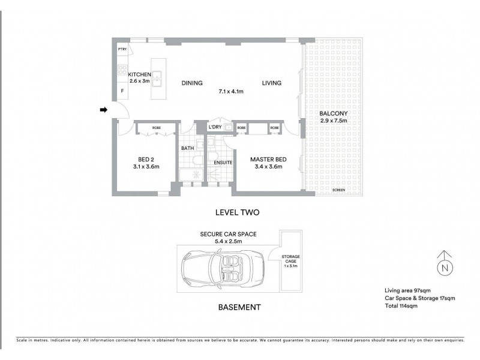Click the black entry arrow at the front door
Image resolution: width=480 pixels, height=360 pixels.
coord(103,110)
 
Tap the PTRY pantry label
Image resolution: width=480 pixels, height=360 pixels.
coord(122,49)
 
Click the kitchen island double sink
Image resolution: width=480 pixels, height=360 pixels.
coord(157,76)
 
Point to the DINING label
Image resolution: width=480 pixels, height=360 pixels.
coord(191,83)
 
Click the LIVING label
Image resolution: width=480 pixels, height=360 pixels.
coord(271,83)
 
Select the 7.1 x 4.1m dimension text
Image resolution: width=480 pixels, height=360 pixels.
coord(230,92)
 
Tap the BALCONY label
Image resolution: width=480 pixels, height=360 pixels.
coord(334,113)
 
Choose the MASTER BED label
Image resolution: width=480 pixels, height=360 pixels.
coord(268,159)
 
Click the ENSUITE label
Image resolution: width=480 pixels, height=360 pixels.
coord(223,163)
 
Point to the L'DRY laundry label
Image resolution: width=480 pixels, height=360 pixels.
coord(215,128)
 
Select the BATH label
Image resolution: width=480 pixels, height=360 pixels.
coord(188,148)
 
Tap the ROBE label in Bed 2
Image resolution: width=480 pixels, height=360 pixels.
coord(156,127)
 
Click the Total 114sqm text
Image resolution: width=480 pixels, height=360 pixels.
coord(401,305)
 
